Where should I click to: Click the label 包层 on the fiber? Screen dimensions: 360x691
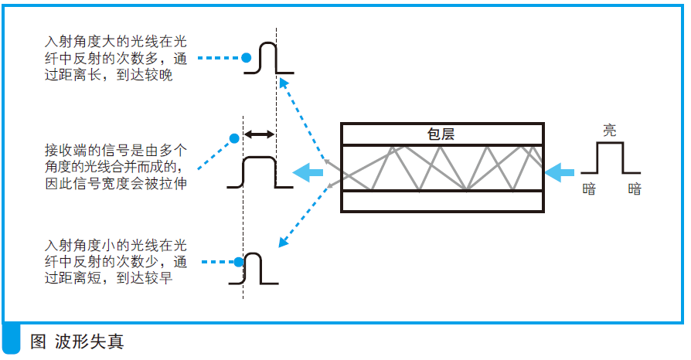click(x=441, y=134)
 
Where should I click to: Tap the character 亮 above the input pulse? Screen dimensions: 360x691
click(x=610, y=131)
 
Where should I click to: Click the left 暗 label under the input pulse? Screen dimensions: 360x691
click(x=589, y=188)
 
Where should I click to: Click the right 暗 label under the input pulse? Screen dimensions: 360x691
click(x=635, y=188)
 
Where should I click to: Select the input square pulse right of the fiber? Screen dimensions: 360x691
click(x=611, y=158)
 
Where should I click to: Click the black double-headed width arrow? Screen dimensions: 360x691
click(x=260, y=134)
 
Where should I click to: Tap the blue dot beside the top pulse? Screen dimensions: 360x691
click(x=246, y=57)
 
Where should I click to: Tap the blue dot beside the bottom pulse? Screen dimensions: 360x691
click(x=237, y=263)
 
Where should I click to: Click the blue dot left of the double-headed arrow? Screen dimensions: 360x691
click(x=234, y=139)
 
